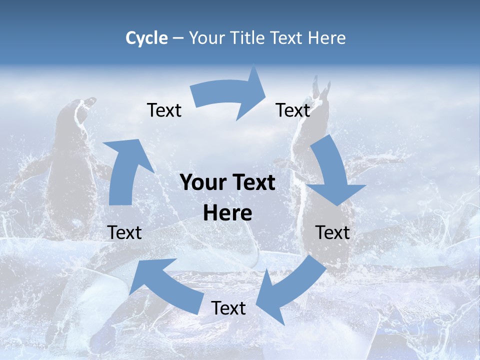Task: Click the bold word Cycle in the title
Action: tap(146, 38)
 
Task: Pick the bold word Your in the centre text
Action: tap(202, 183)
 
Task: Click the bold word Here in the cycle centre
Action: tap(227, 213)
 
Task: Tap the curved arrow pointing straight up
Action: tap(128, 170)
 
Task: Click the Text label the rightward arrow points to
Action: tap(293, 110)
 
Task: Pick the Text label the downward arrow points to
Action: tap(332, 232)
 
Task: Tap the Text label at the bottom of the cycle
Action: tap(228, 308)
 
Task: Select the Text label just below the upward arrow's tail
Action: tap(124, 232)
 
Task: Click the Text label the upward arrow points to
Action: tap(164, 110)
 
